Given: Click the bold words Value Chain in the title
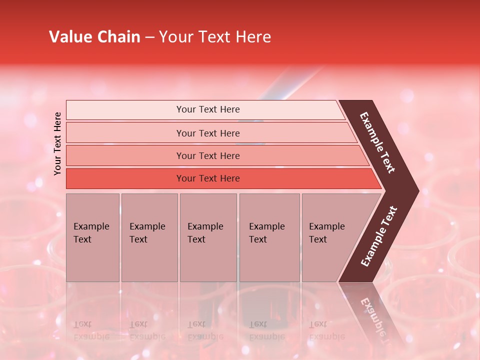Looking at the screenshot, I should (x=94, y=37).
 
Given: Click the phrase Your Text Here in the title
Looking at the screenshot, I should (x=215, y=37).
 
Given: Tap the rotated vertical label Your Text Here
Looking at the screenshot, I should (x=57, y=143).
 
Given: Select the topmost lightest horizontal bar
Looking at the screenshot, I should (x=125, y=110).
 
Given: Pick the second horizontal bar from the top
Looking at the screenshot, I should (x=125, y=133).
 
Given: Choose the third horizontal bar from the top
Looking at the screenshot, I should (x=125, y=155).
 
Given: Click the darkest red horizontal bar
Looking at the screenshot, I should (x=125, y=178).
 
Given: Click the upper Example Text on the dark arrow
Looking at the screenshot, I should (x=377, y=142).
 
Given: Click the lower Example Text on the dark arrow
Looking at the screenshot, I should (x=379, y=236).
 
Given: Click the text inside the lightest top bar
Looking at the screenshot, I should (x=208, y=109).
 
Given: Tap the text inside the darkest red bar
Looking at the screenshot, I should (x=208, y=178).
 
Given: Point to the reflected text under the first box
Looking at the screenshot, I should (x=91, y=330).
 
